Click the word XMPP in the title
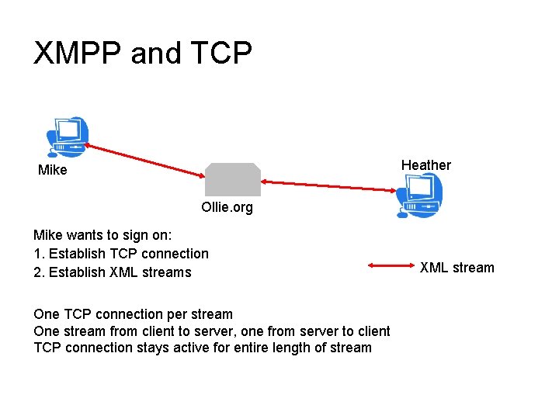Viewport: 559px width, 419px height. click(78, 54)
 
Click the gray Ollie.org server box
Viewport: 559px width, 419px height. click(232, 179)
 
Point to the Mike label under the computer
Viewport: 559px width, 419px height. click(53, 170)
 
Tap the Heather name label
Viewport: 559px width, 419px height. click(425, 164)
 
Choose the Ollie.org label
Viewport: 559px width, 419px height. click(227, 208)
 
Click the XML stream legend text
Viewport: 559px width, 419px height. click(457, 268)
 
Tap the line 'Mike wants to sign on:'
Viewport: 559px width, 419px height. click(102, 235)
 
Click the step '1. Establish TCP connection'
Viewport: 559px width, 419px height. click(121, 254)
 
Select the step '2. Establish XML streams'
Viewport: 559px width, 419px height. click(113, 272)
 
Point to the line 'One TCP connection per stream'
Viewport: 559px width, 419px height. click(133, 314)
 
